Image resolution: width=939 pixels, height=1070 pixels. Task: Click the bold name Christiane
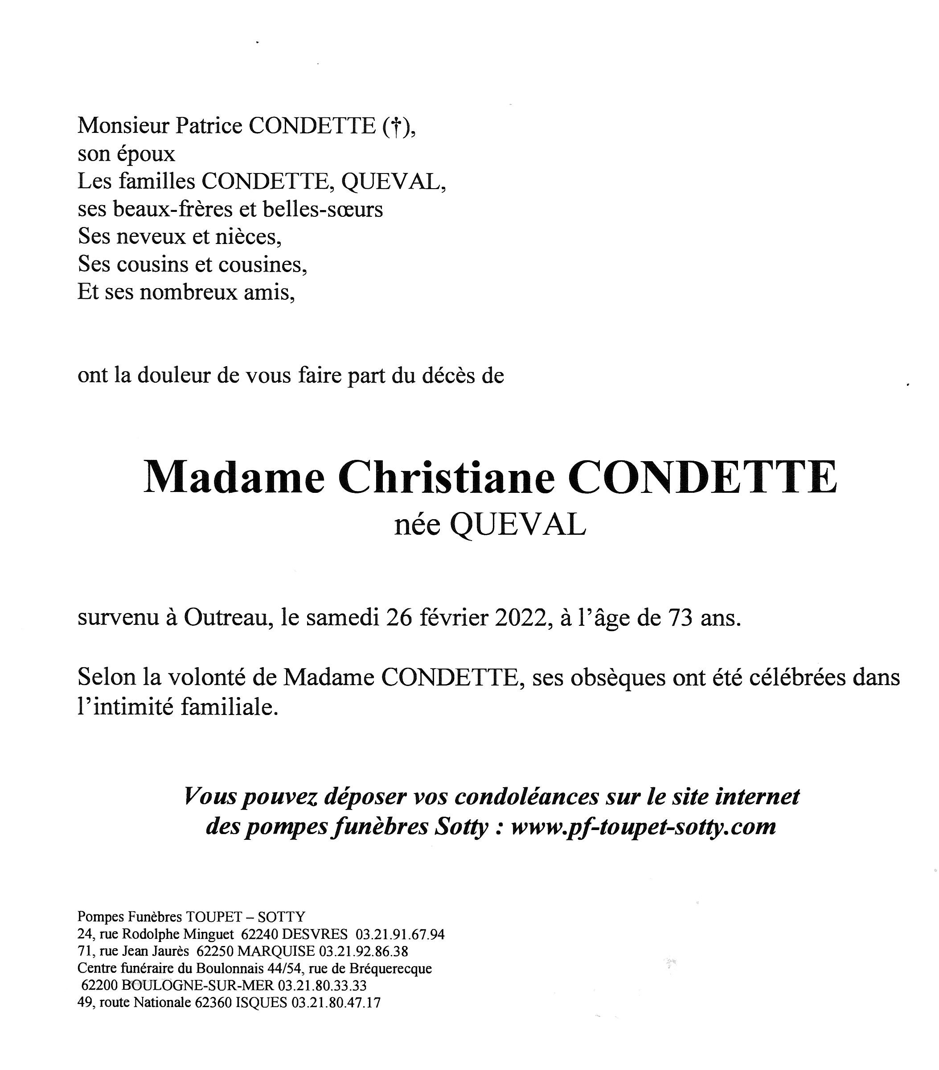click(446, 477)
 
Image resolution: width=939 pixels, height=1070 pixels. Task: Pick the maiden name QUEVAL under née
click(517, 525)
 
